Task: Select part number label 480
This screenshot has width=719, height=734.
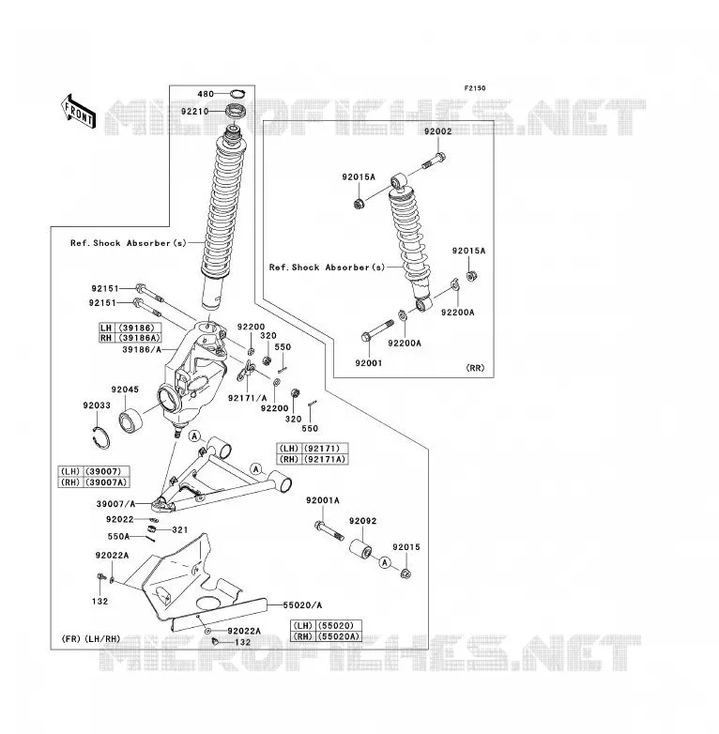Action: point(206,94)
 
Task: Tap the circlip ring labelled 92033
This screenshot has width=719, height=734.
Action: point(101,437)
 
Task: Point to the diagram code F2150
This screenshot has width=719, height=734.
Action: point(475,88)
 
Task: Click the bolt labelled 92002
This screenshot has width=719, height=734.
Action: point(434,161)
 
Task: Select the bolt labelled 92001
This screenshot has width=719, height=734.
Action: point(377,330)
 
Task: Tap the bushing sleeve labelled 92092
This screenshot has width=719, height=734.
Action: point(360,548)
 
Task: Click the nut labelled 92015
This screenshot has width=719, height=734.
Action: point(406,573)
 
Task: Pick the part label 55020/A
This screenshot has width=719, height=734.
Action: point(302,605)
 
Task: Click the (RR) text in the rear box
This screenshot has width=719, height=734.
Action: point(475,368)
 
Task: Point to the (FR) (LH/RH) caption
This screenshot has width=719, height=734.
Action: point(91,638)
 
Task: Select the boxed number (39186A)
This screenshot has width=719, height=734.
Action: point(139,338)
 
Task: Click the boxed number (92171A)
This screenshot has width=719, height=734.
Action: point(325,459)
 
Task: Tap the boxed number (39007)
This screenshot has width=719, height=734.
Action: point(105,471)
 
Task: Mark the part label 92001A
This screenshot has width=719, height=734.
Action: point(323,500)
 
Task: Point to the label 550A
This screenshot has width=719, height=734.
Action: point(118,537)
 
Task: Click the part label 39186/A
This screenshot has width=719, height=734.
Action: point(142,349)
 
